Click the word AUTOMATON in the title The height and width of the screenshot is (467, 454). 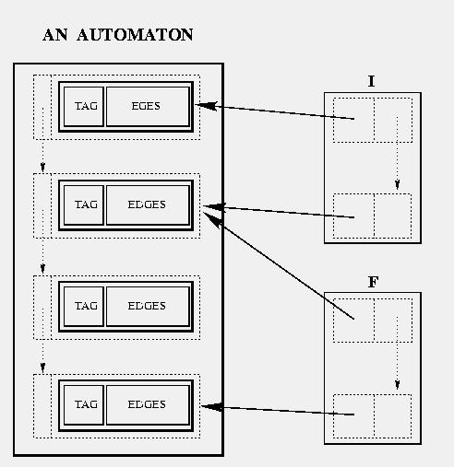click(x=135, y=34)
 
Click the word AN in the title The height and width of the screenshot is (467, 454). click(x=55, y=34)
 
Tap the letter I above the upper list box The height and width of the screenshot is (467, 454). click(x=371, y=81)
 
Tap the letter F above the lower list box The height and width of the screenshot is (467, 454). click(x=373, y=282)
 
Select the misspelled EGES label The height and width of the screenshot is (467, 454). click(x=146, y=106)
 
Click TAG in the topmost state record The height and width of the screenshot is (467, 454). click(x=86, y=106)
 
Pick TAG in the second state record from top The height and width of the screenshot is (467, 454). click(x=86, y=204)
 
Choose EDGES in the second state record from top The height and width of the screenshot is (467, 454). click(x=147, y=204)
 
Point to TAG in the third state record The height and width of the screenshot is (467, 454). click(x=86, y=306)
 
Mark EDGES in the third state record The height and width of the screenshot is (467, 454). click(x=147, y=306)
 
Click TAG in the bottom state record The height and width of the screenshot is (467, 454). click(x=86, y=404)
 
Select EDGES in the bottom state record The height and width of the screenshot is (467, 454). click(x=147, y=404)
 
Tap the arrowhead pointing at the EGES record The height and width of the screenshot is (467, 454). click(x=207, y=106)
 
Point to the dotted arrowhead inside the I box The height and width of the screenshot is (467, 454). click(x=397, y=184)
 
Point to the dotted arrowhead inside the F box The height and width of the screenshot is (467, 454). click(x=397, y=384)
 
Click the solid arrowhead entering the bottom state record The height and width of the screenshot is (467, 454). click(x=211, y=407)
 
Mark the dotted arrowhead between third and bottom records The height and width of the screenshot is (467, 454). click(x=42, y=368)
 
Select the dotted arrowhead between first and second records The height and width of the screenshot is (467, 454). click(x=42, y=167)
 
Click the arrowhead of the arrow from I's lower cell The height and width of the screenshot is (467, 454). click(x=214, y=207)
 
